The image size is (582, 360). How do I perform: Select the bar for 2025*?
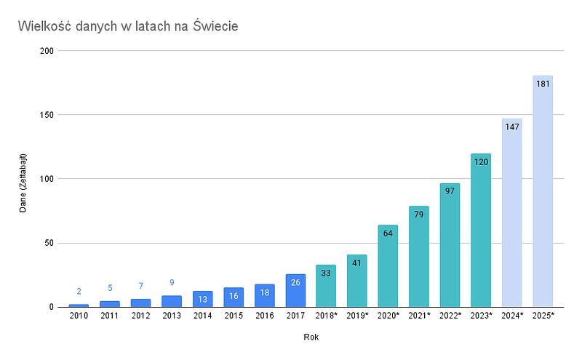click(x=543, y=196)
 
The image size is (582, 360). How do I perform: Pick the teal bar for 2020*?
click(x=388, y=269)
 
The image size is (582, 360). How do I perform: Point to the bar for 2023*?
click(x=481, y=233)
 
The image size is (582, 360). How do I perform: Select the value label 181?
click(x=543, y=84)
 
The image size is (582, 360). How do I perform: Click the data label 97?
click(x=450, y=191)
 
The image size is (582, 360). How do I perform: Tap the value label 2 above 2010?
click(x=79, y=291)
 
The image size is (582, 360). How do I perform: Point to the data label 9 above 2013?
click(x=172, y=282)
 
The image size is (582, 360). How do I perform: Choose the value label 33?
click(x=326, y=273)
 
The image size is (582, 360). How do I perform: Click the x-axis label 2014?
click(x=202, y=316)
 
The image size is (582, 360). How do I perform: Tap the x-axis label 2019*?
click(x=356, y=316)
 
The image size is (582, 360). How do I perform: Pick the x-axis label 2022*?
click(x=450, y=316)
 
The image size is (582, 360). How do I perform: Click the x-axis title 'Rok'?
click(x=311, y=337)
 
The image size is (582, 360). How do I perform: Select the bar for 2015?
click(x=234, y=297)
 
